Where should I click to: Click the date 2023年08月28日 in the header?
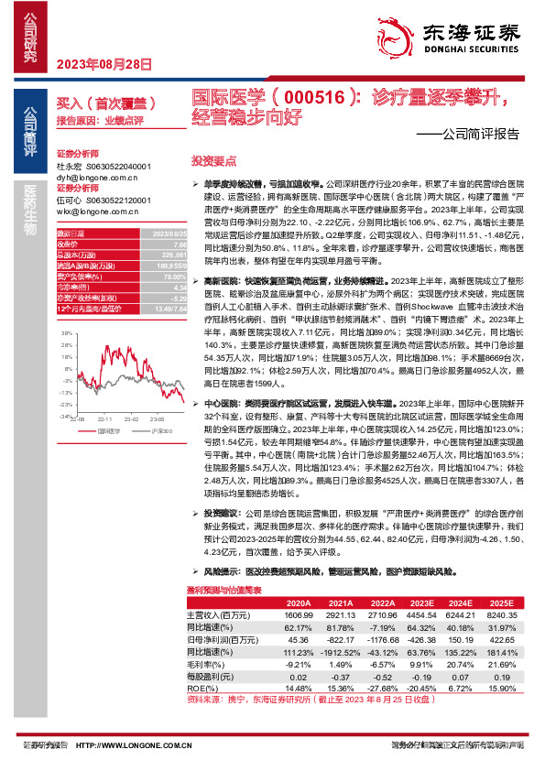tap(98, 63)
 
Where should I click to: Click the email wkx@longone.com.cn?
tap(94, 211)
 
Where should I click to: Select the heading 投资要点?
tap(213, 159)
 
